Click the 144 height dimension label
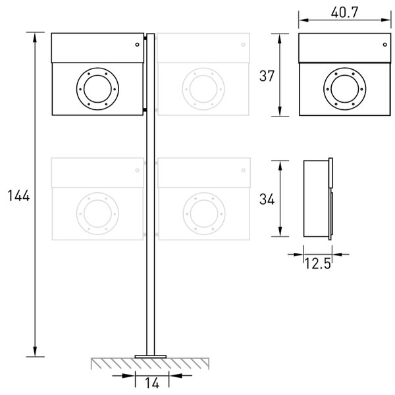(18, 196)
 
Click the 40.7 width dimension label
(344, 13)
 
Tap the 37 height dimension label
(267, 76)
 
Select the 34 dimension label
(267, 199)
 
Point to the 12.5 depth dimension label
(317, 263)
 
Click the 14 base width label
(152, 383)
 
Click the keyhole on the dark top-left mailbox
(138, 45)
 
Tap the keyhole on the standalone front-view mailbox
(385, 45)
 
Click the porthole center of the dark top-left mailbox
(97, 89)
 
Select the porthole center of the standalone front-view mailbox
(345, 89)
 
